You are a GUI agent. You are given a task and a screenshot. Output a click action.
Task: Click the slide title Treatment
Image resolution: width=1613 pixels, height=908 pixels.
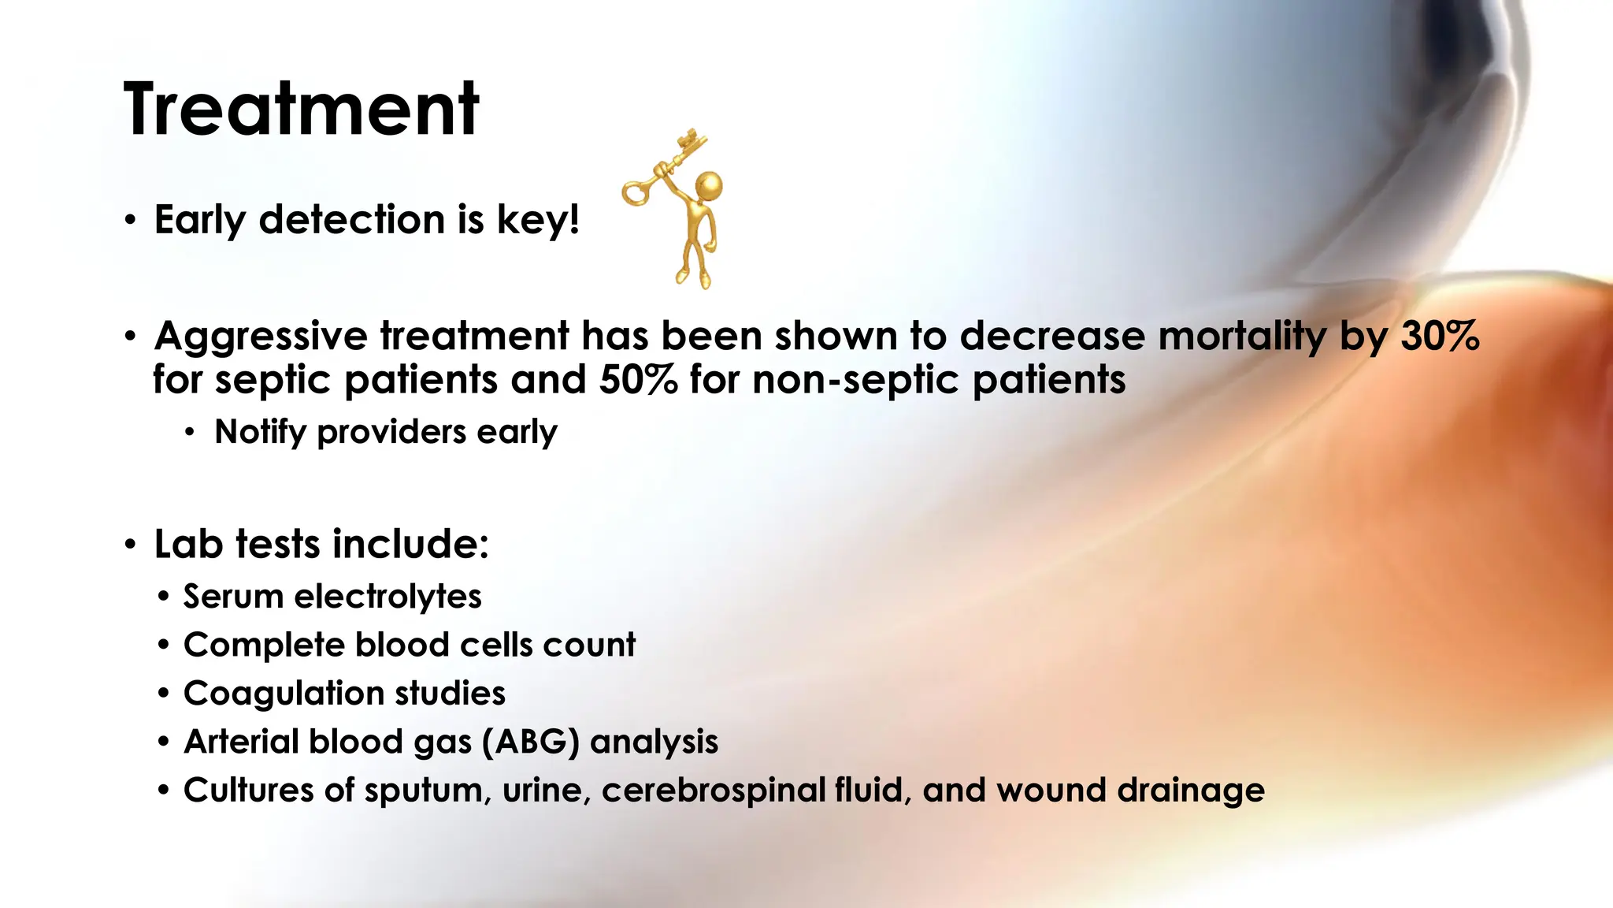pos(301,110)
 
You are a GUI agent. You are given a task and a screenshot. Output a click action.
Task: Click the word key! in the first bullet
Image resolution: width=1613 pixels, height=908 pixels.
pos(538,220)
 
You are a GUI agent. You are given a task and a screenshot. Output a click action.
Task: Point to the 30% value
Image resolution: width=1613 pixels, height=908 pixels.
pos(1440,337)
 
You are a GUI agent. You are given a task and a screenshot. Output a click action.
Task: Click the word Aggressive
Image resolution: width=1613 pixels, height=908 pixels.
pos(261,337)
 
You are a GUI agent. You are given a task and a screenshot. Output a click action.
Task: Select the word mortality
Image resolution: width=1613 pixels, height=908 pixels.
pos(1242,337)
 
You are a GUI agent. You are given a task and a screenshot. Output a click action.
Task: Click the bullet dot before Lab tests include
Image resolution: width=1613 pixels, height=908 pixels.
pos(131,545)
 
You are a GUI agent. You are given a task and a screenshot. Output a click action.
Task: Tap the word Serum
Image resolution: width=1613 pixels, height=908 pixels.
pos(233,597)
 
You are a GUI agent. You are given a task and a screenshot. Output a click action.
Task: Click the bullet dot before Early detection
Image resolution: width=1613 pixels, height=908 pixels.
pos(131,221)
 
